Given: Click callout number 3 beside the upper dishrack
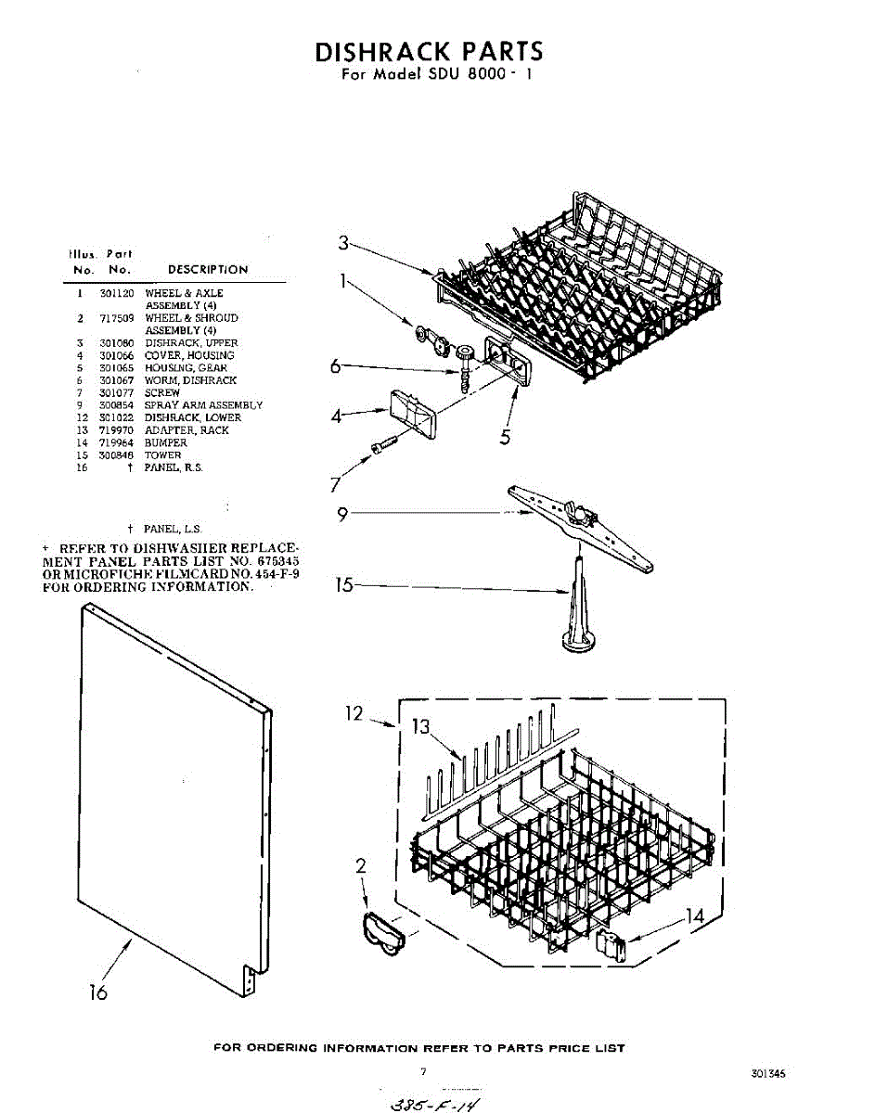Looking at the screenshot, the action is coord(343,243).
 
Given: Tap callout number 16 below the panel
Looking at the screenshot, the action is coord(97,992).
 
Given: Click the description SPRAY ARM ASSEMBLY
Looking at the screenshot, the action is coord(203,405).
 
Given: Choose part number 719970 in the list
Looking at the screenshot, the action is coord(115,430).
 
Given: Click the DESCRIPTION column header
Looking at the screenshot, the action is coord(208,270).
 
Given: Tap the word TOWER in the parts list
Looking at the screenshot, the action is coord(162,455).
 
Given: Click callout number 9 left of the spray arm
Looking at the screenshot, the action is coord(343,515).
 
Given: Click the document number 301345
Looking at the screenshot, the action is coord(768,1074).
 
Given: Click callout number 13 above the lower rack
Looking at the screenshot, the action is coord(423,728).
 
